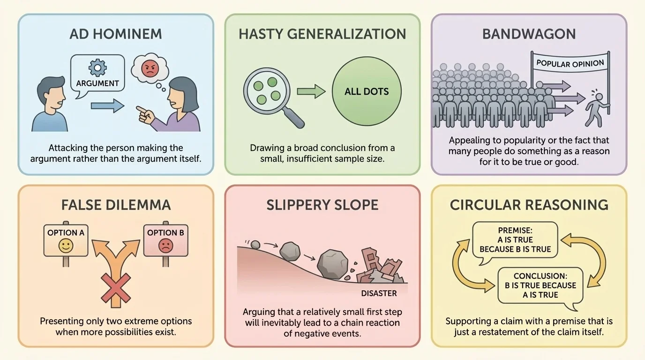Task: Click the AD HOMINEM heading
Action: pos(115,34)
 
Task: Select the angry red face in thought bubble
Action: pos(150,70)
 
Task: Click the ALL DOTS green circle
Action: pos(367,91)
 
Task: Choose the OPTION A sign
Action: pos(66,239)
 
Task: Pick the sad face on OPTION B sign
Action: pos(165,246)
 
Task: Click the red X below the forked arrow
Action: pos(116,288)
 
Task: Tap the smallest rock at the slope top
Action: pos(255,244)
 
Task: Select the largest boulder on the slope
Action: pos(332,264)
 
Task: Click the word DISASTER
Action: pos(379,293)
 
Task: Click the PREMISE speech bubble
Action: pos(515,240)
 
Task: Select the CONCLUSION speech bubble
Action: pos(540,285)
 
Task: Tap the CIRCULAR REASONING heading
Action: pos(529,205)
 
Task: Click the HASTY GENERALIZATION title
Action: pos(322,34)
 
